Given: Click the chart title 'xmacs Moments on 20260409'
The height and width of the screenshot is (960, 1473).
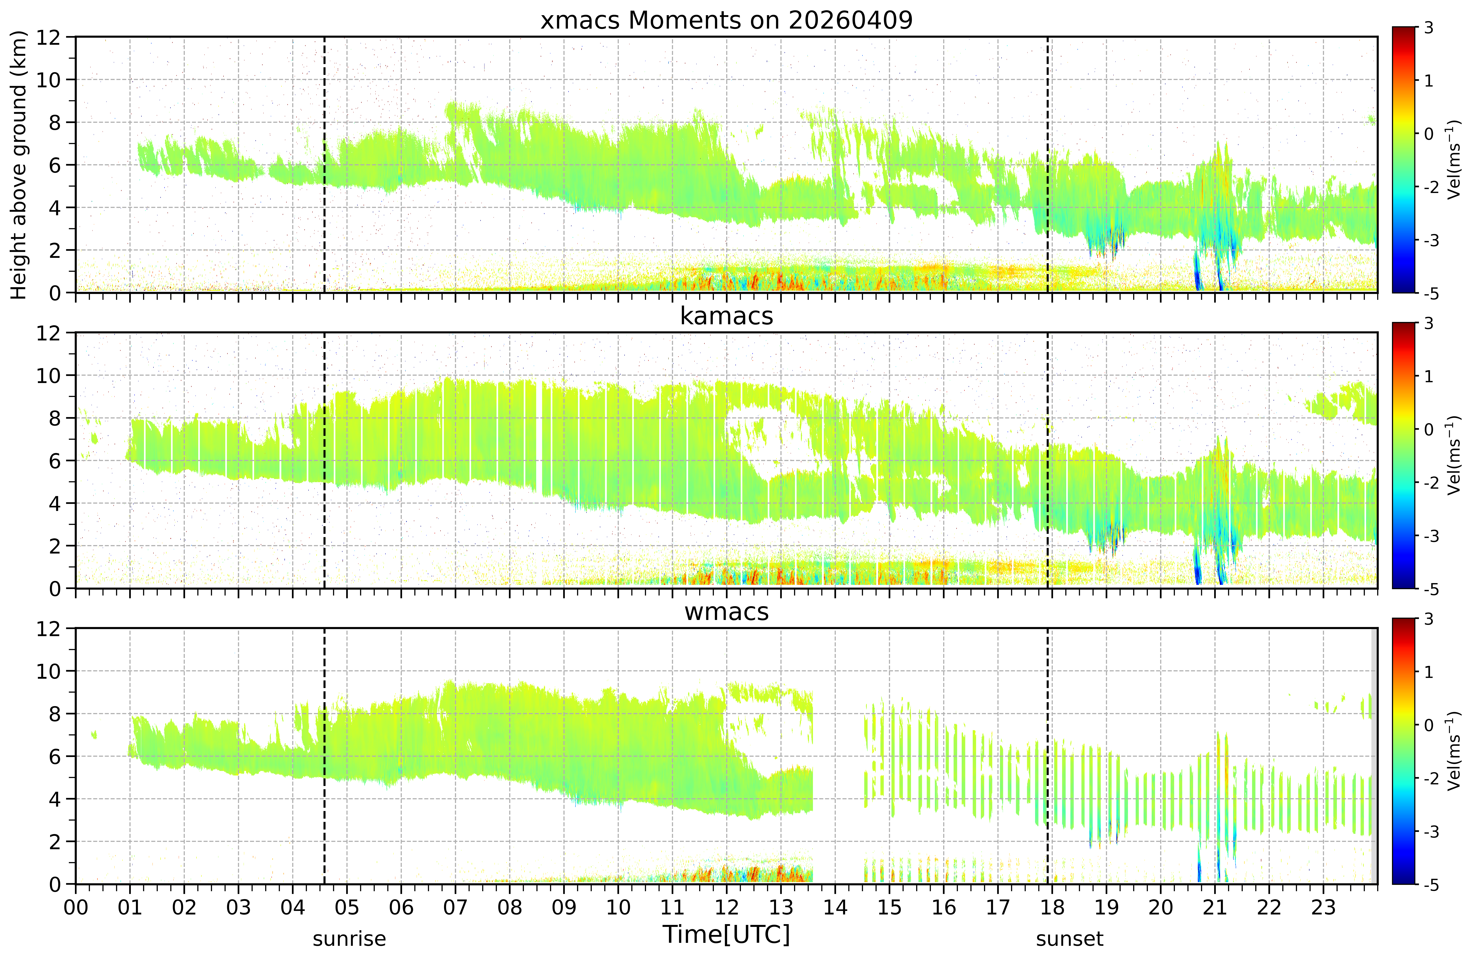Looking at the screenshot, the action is [727, 21].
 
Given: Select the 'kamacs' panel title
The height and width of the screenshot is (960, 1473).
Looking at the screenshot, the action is [727, 316].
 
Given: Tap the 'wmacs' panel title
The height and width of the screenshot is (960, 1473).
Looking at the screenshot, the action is [727, 612].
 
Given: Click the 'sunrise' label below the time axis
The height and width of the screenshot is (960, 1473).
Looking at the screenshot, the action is [349, 939].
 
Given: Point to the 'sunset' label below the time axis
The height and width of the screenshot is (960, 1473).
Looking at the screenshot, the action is [1069, 939].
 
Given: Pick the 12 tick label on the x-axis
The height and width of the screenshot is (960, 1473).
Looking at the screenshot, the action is [727, 907].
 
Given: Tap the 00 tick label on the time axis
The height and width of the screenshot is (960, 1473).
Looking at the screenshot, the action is [76, 907].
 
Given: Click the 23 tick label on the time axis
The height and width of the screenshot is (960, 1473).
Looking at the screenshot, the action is [1323, 907].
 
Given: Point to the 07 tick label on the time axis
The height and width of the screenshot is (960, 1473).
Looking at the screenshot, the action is [455, 907].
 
